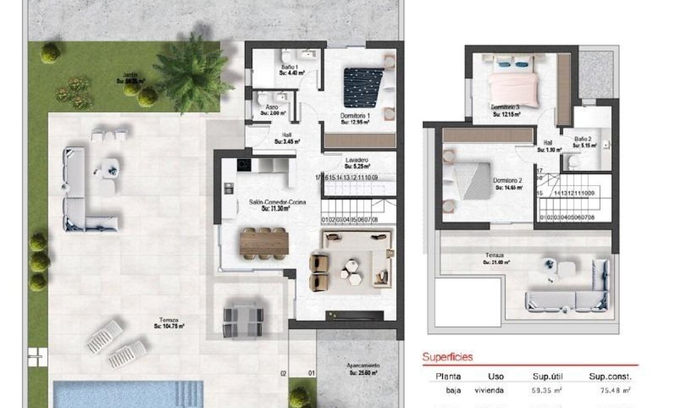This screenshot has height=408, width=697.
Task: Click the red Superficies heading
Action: [447, 357]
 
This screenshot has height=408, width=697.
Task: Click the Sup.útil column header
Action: [547, 377]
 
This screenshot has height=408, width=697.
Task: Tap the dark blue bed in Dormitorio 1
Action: [363, 87]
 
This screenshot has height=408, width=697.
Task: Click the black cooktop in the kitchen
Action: [244, 165]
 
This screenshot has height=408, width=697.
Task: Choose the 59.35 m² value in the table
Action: [547, 391]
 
